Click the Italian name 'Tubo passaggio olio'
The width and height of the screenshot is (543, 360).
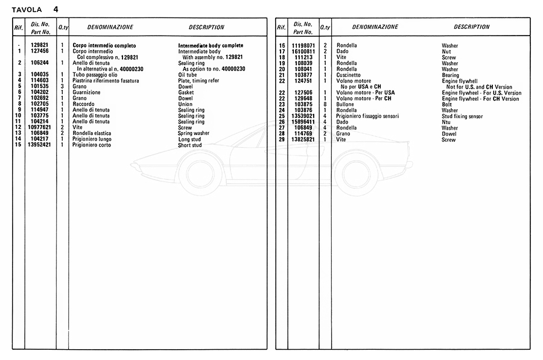coord(95,75)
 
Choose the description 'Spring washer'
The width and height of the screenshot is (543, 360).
coord(194,133)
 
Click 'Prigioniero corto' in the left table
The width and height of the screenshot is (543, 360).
coord(92,145)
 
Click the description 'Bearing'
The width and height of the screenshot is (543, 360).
coord(451,75)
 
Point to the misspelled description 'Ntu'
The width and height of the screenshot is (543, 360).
coord(446,122)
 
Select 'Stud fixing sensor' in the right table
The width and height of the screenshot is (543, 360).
coord(462,116)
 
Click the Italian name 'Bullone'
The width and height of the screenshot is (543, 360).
coord(346,104)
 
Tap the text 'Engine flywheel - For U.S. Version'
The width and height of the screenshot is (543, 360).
coord(481,93)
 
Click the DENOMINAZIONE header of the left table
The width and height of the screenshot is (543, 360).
coord(110,27)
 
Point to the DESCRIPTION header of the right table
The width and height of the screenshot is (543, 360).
coord(471,27)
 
